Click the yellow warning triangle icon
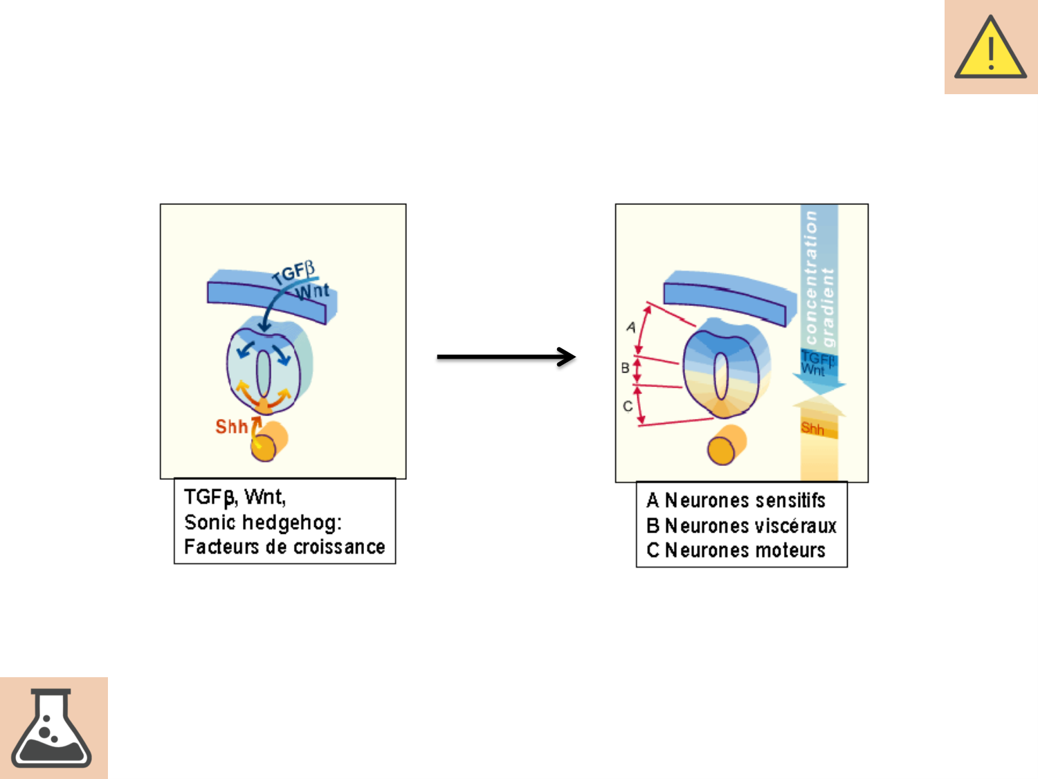pyautogui.click(x=990, y=48)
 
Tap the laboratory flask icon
pyautogui.click(x=51, y=728)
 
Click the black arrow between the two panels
pyautogui.click(x=506, y=357)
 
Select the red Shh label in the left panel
pyautogui.click(x=231, y=427)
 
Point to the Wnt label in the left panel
pyautogui.click(x=313, y=291)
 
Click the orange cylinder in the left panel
pyautogui.click(x=269, y=441)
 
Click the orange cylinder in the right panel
pyautogui.click(x=727, y=445)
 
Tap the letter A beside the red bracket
pyautogui.click(x=630, y=327)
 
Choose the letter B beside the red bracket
pyautogui.click(x=625, y=368)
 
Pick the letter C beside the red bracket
pyautogui.click(x=628, y=406)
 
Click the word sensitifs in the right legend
pyautogui.click(x=794, y=501)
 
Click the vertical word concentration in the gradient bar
pyautogui.click(x=811, y=277)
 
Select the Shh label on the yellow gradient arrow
pyautogui.click(x=812, y=429)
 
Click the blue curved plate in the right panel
pyautogui.click(x=727, y=294)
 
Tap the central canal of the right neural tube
pyautogui.click(x=721, y=376)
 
